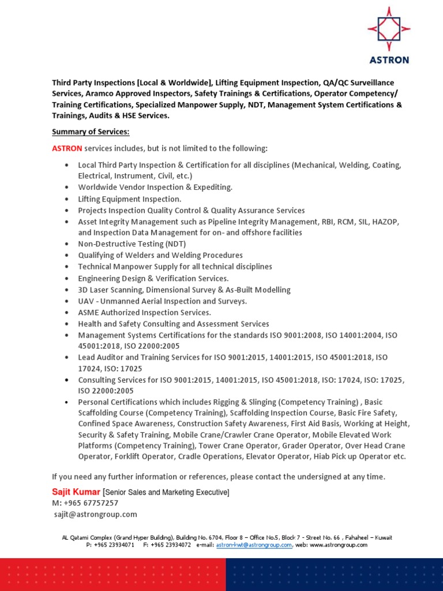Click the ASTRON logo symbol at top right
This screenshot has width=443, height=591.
click(x=390, y=29)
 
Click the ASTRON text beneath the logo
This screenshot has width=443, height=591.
click(x=390, y=59)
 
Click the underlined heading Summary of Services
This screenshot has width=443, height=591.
click(x=91, y=132)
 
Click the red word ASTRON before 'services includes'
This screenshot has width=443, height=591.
click(x=67, y=148)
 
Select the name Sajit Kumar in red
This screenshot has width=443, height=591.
click(x=76, y=492)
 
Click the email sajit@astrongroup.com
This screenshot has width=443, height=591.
click(x=95, y=514)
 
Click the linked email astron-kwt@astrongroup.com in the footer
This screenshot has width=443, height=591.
click(x=254, y=545)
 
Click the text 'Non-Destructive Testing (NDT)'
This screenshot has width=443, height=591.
click(x=133, y=244)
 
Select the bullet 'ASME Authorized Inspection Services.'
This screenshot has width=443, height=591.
click(x=144, y=312)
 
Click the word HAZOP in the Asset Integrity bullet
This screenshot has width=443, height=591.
click(x=386, y=222)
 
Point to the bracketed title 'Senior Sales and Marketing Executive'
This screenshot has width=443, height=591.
click(x=166, y=492)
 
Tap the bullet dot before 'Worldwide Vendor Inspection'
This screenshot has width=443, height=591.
click(x=67, y=188)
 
